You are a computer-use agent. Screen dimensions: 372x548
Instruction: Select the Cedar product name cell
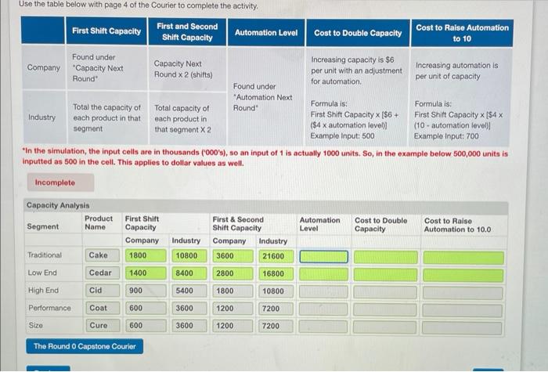click(100, 273)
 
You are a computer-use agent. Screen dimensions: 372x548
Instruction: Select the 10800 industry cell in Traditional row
click(186, 255)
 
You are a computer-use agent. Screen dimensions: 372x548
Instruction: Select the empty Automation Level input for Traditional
click(323, 256)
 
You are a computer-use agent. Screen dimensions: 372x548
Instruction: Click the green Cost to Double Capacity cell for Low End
click(385, 274)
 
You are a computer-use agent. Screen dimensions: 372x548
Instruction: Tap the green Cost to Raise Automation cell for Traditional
click(463, 256)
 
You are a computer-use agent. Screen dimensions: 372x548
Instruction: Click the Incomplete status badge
click(55, 182)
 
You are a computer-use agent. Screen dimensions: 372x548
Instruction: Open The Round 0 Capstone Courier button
click(85, 346)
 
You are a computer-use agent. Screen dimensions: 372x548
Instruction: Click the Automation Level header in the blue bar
click(266, 32)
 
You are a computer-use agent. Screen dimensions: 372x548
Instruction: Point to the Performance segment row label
click(49, 308)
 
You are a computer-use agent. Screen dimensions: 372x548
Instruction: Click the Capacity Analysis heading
click(59, 205)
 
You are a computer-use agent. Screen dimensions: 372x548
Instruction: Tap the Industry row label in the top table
click(41, 117)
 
